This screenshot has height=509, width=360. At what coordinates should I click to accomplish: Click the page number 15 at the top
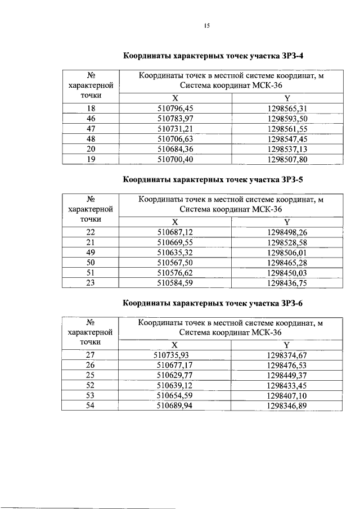(207, 25)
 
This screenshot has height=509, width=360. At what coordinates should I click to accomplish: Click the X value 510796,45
(175, 109)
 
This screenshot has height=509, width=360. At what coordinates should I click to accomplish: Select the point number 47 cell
(91, 129)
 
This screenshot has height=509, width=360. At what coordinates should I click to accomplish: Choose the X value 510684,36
(175, 149)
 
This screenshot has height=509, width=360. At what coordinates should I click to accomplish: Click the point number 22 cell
(91, 232)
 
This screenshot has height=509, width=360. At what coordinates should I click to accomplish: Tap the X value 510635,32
(175, 253)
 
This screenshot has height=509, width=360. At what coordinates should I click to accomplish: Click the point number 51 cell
(91, 273)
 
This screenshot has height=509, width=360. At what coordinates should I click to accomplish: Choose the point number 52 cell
(91, 385)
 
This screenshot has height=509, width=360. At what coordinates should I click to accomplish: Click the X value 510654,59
(175, 395)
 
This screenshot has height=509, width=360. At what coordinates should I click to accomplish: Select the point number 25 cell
(91, 375)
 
